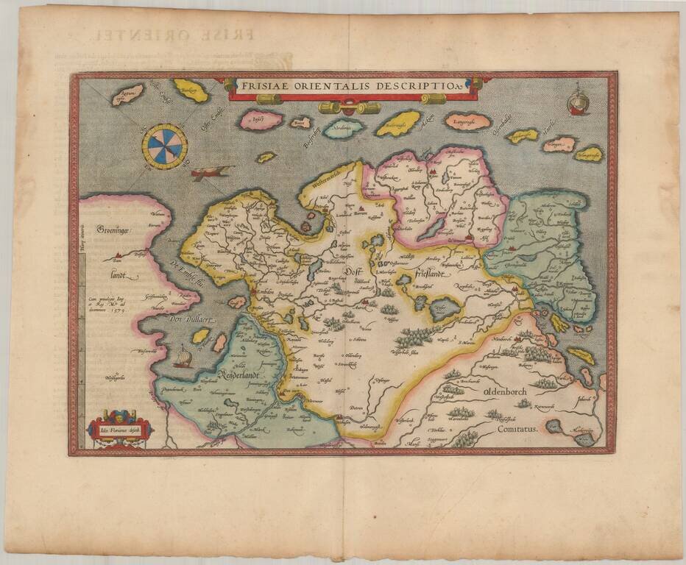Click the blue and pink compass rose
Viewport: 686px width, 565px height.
(164, 146)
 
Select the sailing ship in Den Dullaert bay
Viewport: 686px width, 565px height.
(183, 358)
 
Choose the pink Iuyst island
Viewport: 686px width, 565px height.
(261, 119)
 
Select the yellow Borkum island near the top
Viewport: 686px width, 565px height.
(190, 91)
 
